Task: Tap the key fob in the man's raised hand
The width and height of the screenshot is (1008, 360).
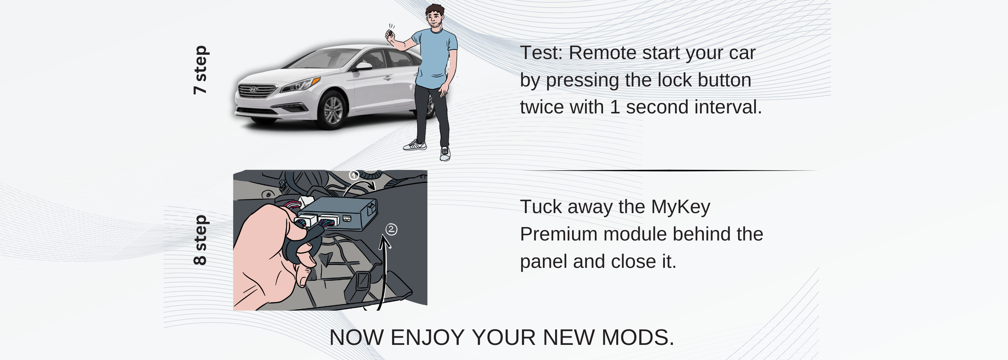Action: (391, 32)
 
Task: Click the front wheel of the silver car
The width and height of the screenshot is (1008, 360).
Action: (333, 111)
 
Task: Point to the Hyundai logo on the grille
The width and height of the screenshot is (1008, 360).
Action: (253, 90)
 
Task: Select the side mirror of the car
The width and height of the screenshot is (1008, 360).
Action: (363, 66)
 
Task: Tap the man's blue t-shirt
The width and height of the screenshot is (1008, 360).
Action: (435, 59)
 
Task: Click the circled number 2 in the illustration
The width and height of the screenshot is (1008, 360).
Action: (391, 229)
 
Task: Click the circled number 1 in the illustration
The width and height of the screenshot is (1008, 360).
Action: (354, 175)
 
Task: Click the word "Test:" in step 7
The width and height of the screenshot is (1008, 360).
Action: (541, 53)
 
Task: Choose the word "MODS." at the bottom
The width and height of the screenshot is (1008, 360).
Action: (638, 337)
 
